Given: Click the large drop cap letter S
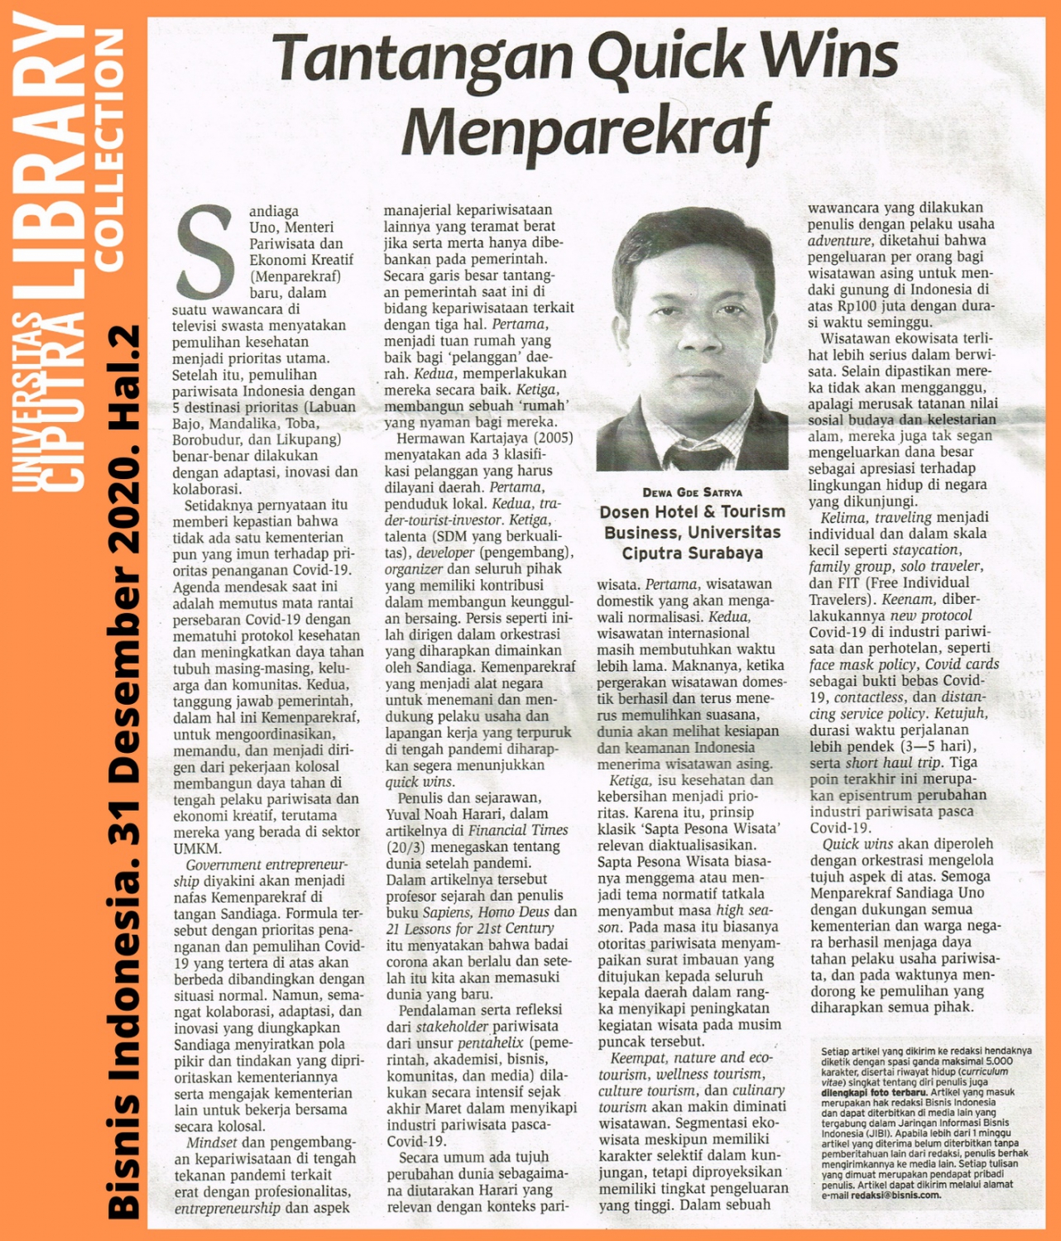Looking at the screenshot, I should point(206,252).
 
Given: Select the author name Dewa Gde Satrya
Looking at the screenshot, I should point(692,492).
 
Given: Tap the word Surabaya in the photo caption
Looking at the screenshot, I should point(722,553).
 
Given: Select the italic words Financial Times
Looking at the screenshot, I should point(518,830).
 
